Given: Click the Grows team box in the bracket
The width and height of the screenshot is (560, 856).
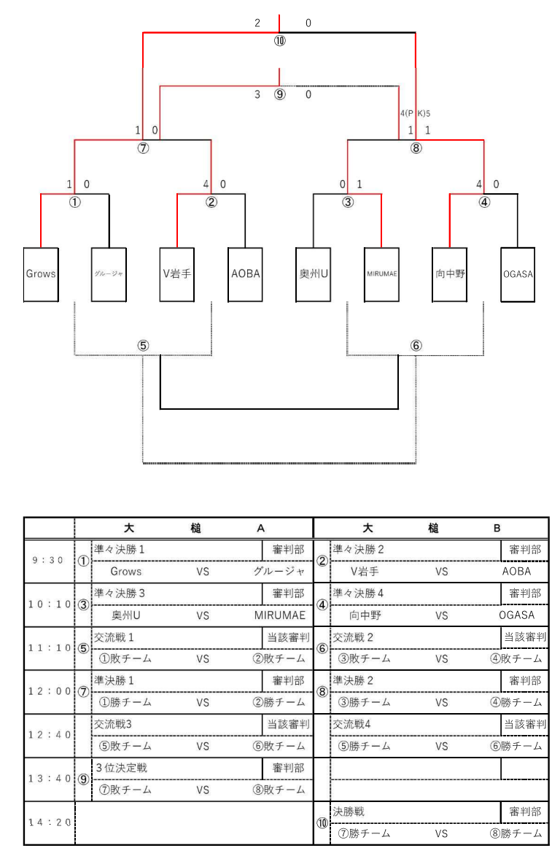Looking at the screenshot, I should tap(41, 274).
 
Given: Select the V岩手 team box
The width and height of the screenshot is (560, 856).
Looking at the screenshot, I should tap(177, 274).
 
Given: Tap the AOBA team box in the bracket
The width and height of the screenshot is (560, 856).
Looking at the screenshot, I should tap(246, 274).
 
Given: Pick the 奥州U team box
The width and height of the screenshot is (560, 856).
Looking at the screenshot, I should tap(314, 274).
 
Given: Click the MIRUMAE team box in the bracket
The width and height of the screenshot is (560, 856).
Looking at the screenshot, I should tap(381, 274).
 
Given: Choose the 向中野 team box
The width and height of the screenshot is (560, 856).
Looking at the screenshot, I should tap(450, 274).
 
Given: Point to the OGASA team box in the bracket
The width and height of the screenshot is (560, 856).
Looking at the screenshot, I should tap(518, 274).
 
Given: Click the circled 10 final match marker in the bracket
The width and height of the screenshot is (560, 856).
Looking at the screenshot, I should tap(280, 41).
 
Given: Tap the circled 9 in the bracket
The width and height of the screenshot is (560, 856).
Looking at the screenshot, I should tap(280, 94).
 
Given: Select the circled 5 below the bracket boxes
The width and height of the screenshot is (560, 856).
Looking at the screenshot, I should tap(144, 346).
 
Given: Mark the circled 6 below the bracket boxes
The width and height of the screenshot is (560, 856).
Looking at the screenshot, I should tap(416, 346).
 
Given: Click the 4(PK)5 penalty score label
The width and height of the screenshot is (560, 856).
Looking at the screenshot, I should tap(415, 113).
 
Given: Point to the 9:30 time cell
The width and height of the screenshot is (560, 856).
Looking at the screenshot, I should tap(49, 561).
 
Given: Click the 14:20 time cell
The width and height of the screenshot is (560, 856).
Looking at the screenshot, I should tap(49, 822).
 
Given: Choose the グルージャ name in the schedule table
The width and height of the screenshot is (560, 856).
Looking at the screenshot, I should tap(279, 572).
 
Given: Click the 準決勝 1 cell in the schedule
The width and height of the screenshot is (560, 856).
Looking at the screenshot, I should tap(116, 680).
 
